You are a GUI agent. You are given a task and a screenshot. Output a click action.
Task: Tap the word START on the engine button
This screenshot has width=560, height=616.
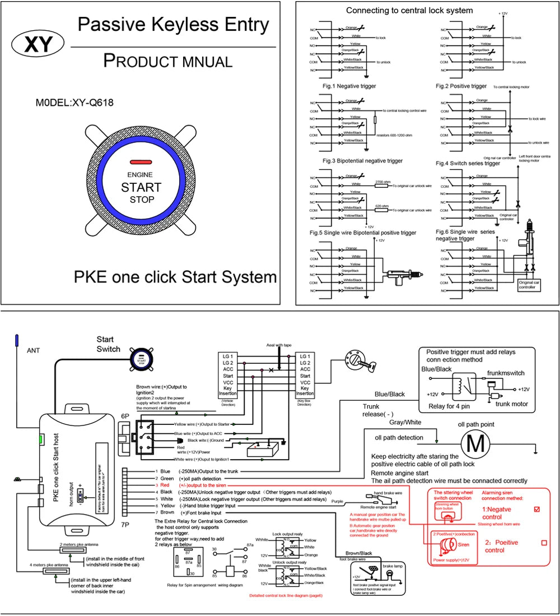[141, 187]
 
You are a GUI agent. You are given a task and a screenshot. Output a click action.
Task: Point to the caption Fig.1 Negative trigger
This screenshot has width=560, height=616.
[349, 86]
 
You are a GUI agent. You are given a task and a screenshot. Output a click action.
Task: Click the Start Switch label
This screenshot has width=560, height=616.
[108, 344]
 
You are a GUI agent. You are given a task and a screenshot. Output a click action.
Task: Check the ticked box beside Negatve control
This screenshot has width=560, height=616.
[537, 509]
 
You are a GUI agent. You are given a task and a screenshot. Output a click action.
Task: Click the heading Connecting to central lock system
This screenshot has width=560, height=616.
[409, 11]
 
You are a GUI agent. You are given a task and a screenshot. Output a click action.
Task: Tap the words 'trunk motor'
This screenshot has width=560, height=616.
[512, 404]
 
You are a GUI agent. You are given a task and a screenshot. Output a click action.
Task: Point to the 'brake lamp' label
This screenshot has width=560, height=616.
[392, 566]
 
